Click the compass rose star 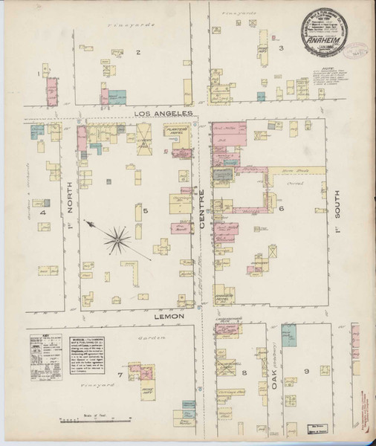[117, 238]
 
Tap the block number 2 [138, 52]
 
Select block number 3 [281, 49]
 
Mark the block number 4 [43, 213]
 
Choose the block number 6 [282, 209]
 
